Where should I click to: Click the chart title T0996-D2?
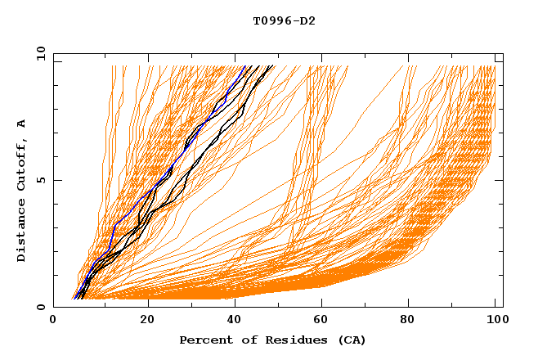285,21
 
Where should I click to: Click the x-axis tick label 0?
53,321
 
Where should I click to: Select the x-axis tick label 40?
235,321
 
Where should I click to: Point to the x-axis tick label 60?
324,321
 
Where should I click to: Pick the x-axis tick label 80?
413,321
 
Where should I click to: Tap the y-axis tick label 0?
40,308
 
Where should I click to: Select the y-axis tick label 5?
40,180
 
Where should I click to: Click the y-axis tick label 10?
38,53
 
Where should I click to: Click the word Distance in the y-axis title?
22,232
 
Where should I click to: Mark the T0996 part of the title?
271,21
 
